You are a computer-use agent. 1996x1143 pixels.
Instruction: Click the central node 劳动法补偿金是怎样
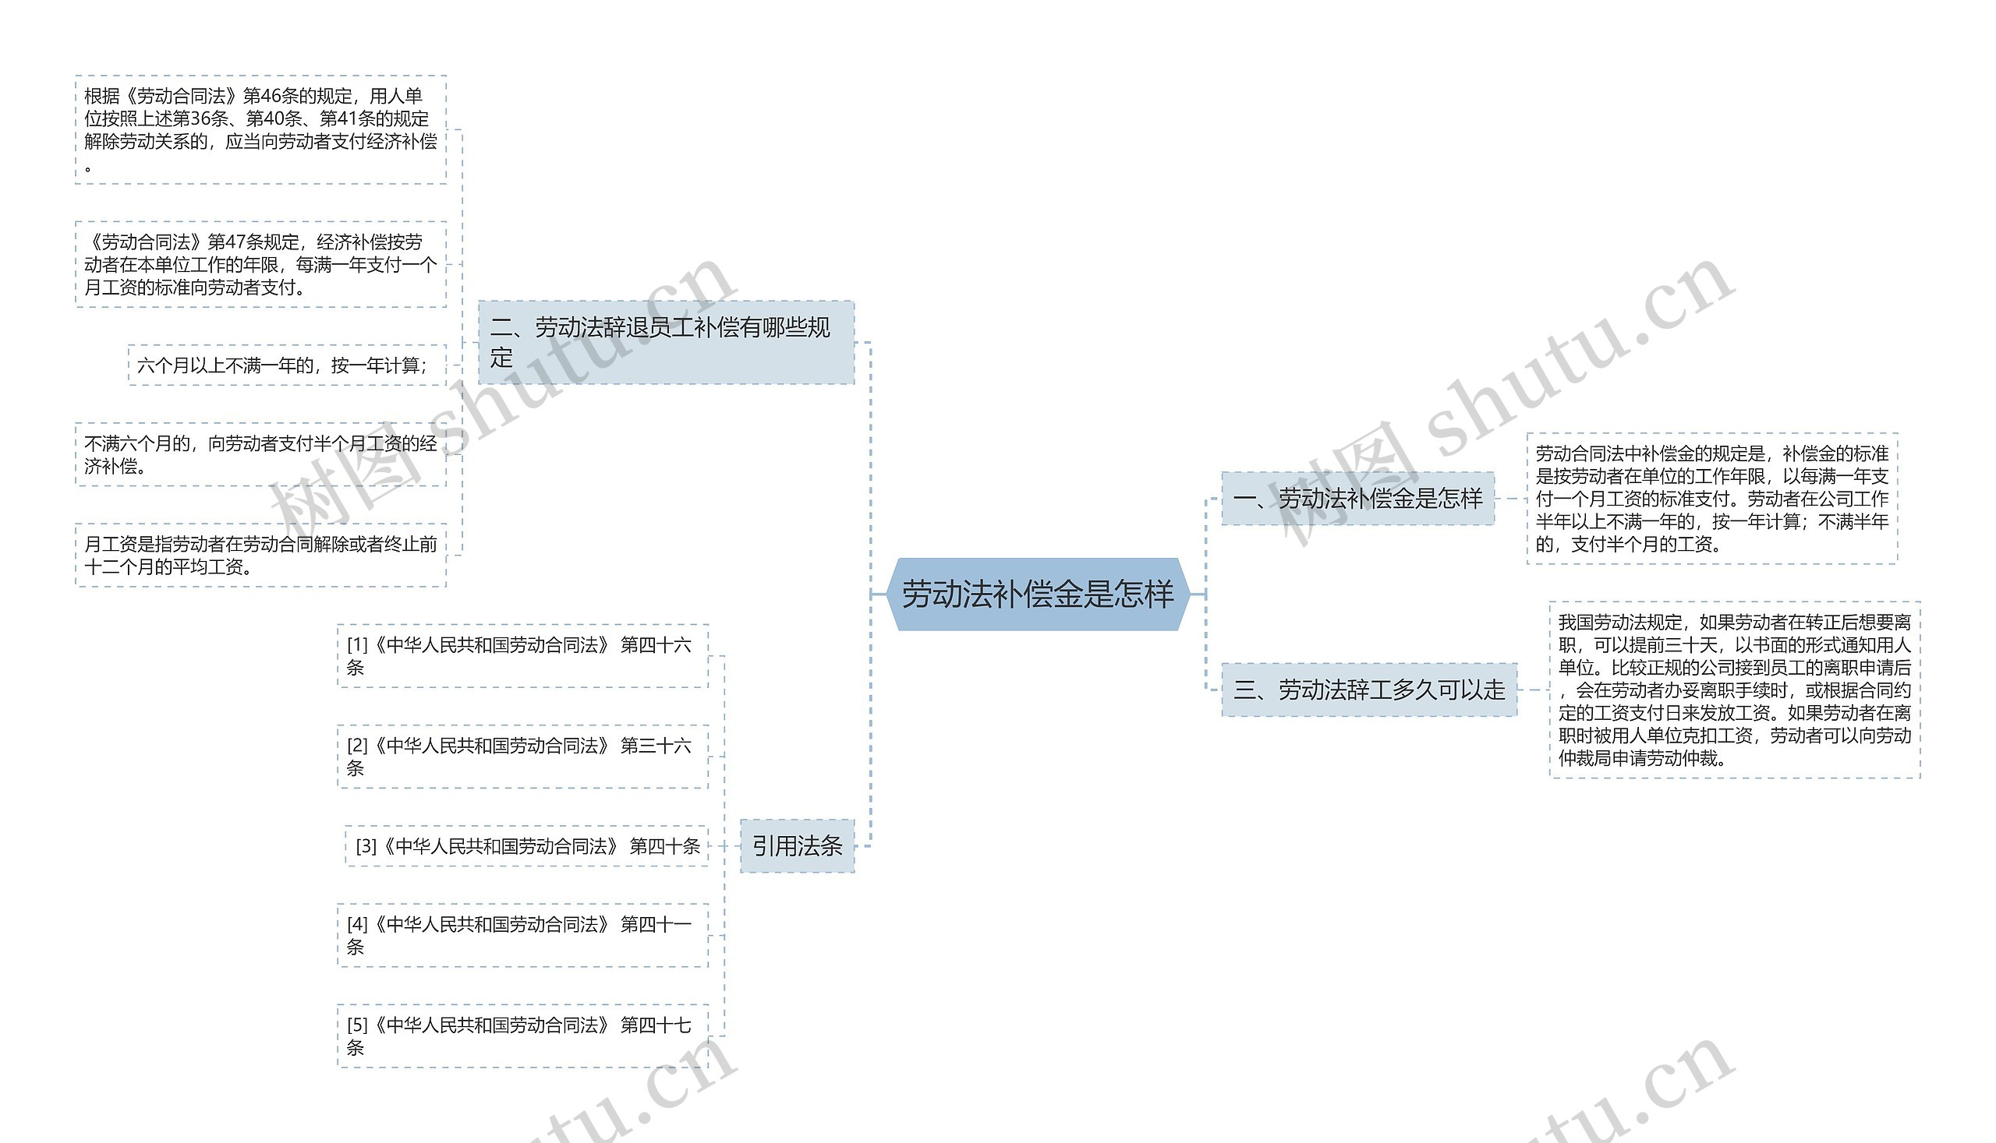1037,594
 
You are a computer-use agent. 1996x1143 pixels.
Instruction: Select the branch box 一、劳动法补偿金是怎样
1357,499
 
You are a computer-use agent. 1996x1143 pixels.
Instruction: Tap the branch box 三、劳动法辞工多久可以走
1368,690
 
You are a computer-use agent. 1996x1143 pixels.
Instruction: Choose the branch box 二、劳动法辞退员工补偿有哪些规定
666,342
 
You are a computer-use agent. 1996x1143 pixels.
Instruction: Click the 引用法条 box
797,845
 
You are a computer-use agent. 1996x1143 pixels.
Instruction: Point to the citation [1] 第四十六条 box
522,655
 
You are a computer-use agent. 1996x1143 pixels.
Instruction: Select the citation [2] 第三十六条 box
522,756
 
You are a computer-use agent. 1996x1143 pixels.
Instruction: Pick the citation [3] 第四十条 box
526,846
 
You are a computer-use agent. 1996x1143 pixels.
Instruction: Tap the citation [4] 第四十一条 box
522,935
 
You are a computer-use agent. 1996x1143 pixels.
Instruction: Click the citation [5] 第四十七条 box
522,1035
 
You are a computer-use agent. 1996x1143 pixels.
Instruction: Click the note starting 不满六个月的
260,454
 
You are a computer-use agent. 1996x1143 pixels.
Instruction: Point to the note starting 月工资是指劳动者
260,555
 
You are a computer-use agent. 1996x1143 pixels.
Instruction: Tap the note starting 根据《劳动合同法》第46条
260,129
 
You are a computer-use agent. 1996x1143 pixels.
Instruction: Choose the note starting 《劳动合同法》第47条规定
260,265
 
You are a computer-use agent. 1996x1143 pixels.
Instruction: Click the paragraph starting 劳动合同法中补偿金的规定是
1711,499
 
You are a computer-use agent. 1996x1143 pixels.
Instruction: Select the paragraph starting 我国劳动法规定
1735,690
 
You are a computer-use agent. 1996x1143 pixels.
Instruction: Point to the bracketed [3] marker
366,846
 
